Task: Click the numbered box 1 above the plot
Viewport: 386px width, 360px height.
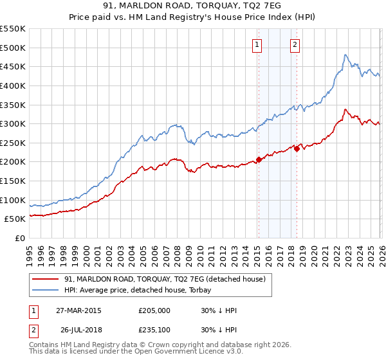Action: click(x=257, y=44)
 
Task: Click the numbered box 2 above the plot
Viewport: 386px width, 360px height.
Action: click(x=295, y=44)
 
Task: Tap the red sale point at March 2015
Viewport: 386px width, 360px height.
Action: click(x=259, y=159)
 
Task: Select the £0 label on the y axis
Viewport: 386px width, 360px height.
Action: click(x=19, y=238)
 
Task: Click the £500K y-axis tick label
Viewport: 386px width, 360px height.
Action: click(x=13, y=48)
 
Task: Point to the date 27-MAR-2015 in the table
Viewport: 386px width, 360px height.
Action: click(x=78, y=310)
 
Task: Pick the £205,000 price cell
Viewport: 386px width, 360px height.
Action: click(x=154, y=310)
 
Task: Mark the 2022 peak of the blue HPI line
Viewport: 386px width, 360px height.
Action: click(x=345, y=55)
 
